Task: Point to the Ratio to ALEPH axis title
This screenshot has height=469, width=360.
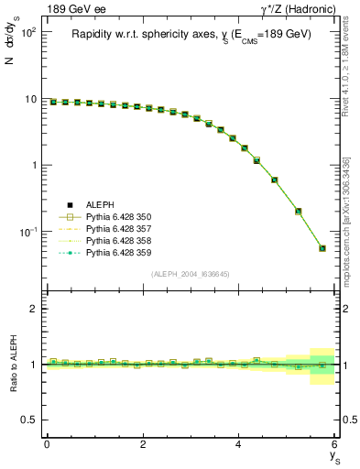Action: click(x=13, y=365)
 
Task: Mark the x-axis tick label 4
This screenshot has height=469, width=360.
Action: click(x=238, y=444)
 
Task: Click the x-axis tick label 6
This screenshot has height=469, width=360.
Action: click(x=334, y=444)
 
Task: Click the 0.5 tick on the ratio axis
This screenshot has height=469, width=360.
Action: click(x=29, y=420)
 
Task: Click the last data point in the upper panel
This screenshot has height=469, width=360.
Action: click(x=322, y=247)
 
